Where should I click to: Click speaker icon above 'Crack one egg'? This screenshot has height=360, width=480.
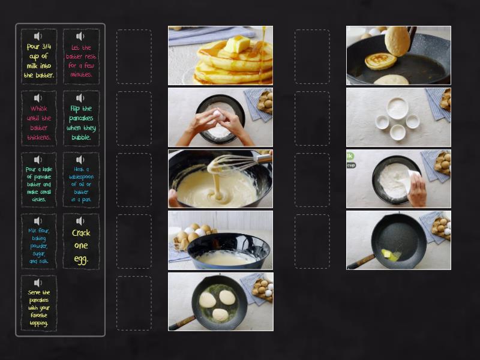pyautogui.click(x=81, y=221)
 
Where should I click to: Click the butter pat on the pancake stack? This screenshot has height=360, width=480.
pyautogui.click(x=236, y=44)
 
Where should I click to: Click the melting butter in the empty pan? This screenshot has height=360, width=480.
pyautogui.click(x=391, y=254)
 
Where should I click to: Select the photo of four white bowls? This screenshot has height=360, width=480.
pyautogui.click(x=398, y=117)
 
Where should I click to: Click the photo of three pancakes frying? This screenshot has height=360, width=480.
pyautogui.click(x=220, y=301)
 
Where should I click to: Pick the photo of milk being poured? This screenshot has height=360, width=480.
pyautogui.click(x=398, y=179)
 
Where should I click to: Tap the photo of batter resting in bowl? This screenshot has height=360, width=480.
pyautogui.click(x=220, y=240)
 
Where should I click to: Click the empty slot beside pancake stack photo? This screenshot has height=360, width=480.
pyautogui.click(x=134, y=56)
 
